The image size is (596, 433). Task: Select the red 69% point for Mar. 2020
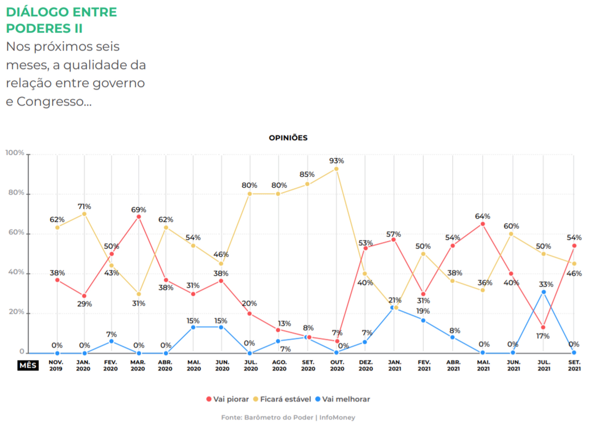139,217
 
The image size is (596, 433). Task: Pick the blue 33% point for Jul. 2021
544,292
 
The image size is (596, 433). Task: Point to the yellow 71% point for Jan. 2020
84,214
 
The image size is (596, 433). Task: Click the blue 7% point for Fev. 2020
111,341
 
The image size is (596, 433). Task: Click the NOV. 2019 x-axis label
56,366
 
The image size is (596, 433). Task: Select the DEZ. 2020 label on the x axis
366,366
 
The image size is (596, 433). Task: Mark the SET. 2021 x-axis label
574,366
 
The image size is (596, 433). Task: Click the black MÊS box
28,366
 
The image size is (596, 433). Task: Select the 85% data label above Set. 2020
307,174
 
